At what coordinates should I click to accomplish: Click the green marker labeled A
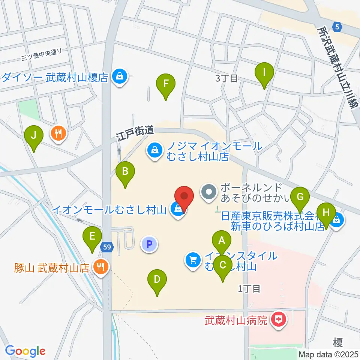[x=221, y=240]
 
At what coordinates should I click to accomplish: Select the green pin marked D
[x=157, y=279]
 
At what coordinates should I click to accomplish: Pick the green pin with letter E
[x=92, y=237]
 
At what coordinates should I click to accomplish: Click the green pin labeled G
[x=300, y=196]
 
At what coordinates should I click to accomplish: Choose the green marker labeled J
[x=34, y=135]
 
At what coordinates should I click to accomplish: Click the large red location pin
[x=184, y=196]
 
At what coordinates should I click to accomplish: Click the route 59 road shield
[x=107, y=246]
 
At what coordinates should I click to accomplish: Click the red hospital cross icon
[x=278, y=320]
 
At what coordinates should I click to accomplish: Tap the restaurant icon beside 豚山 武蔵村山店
[x=100, y=267]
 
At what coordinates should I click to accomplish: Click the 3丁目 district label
[x=226, y=78]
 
